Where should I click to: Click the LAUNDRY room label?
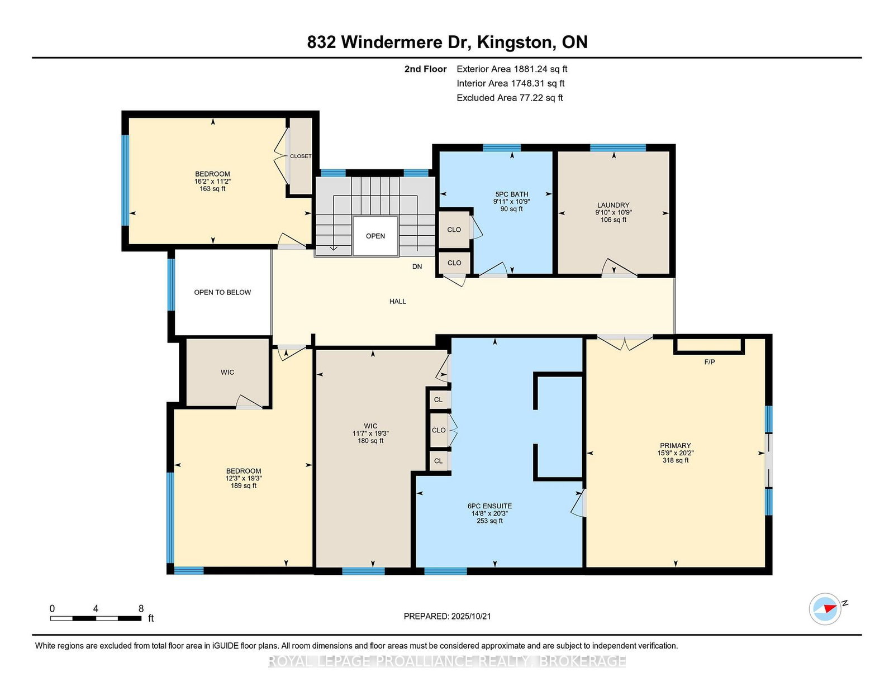coord(613,205)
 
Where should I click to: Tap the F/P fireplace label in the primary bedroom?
coord(709,362)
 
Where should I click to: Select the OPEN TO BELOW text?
coord(222,293)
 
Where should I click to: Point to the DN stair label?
coord(417,266)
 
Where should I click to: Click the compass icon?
coord(825,609)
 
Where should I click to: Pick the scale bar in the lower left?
coord(96,618)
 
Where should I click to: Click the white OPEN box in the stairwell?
coord(375,236)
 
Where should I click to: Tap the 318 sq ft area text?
coord(675,460)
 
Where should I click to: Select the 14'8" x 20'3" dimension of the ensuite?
coord(489,513)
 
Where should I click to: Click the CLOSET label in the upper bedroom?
coord(301,156)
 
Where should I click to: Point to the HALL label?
coord(397,302)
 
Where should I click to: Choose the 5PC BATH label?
coord(511,194)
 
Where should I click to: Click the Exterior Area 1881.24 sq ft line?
coord(512,69)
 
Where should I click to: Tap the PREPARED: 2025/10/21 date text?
coord(447,616)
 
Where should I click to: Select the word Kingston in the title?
coord(514,42)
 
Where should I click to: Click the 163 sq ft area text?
coord(212,189)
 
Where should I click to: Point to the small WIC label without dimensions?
coord(227,372)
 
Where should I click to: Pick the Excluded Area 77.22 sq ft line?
coord(510,98)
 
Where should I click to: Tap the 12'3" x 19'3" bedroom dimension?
coord(244,478)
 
